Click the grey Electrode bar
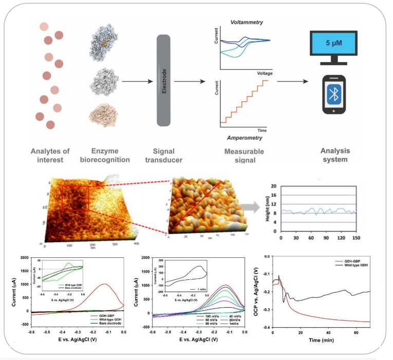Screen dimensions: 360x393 (163, 80)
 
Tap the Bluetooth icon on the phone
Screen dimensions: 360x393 (332, 94)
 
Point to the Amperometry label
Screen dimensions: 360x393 (245, 138)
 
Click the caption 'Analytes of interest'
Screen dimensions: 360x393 (49, 155)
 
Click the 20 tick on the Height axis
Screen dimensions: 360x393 (274, 186)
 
